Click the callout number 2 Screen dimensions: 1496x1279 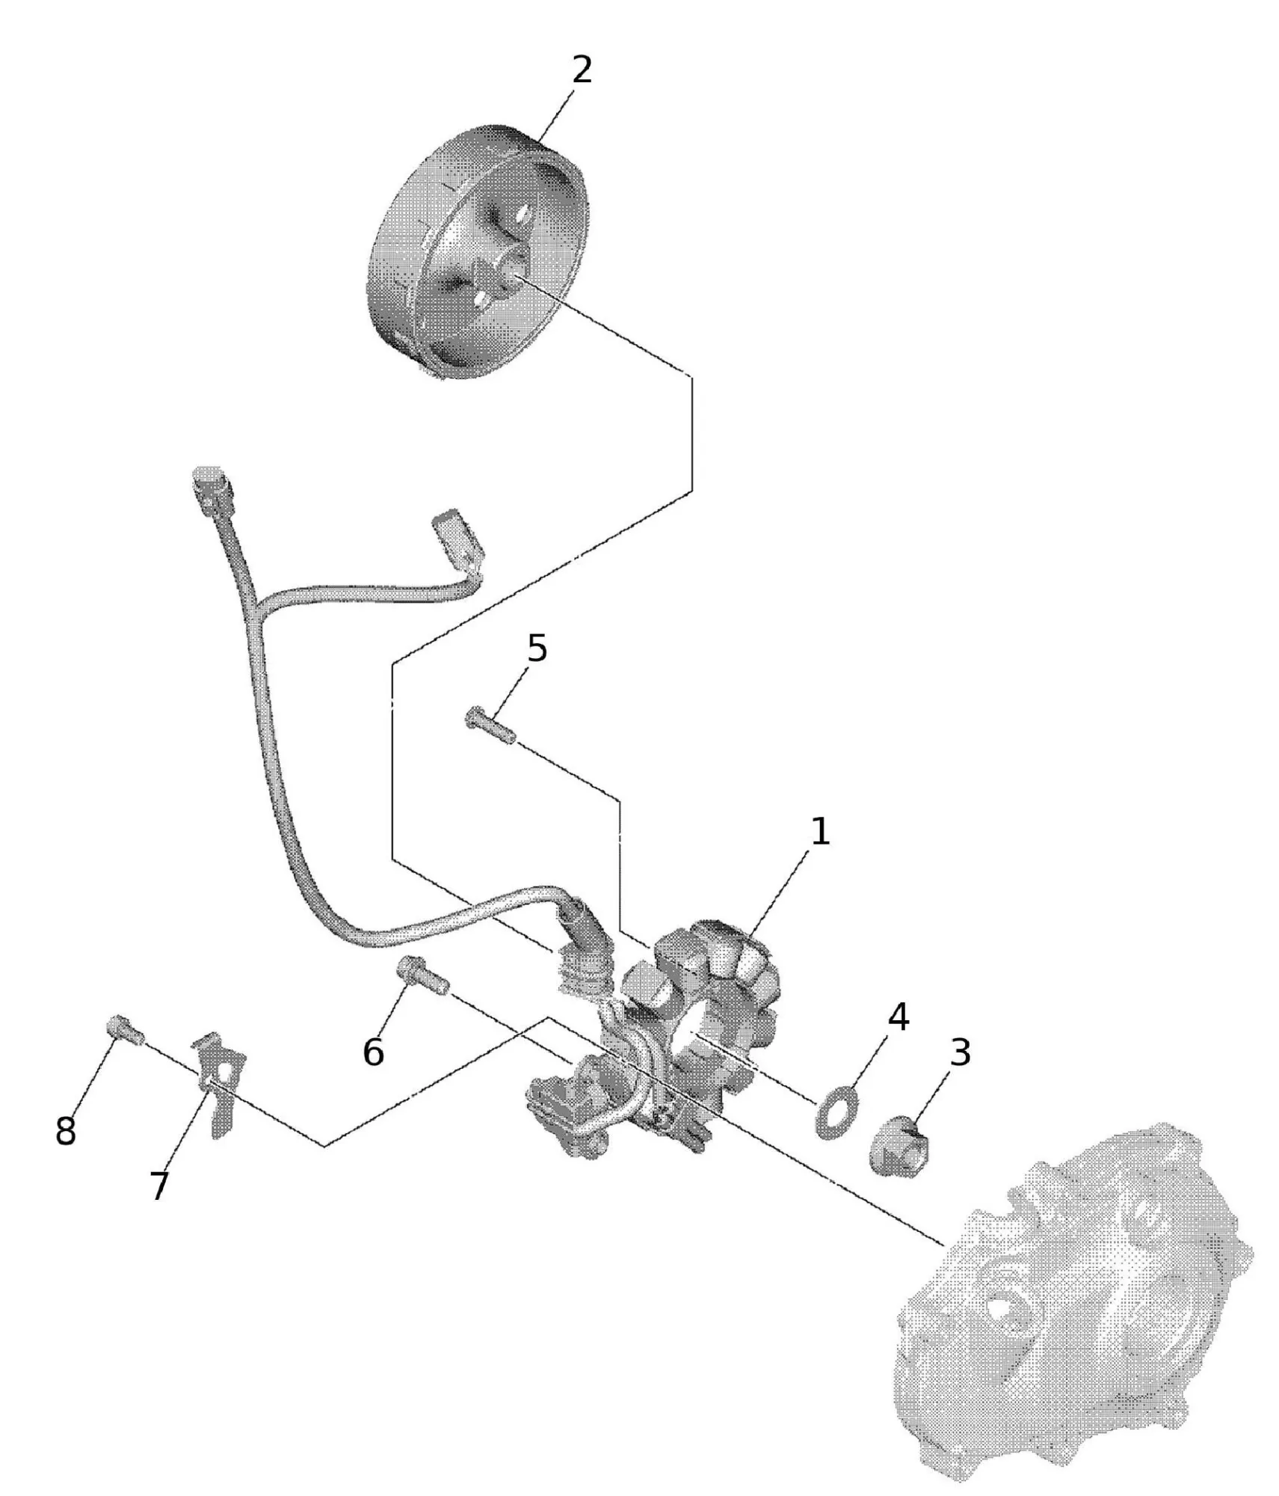[581, 70]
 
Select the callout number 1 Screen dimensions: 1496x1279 [820, 832]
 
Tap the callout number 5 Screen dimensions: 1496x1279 [537, 648]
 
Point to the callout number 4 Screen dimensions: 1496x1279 [897, 1017]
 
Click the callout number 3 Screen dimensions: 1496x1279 [960, 1052]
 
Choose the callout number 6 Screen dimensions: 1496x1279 [373, 1052]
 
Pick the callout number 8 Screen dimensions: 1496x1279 [66, 1132]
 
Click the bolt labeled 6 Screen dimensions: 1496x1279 [422, 975]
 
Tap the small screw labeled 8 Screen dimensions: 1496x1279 [126, 1033]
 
